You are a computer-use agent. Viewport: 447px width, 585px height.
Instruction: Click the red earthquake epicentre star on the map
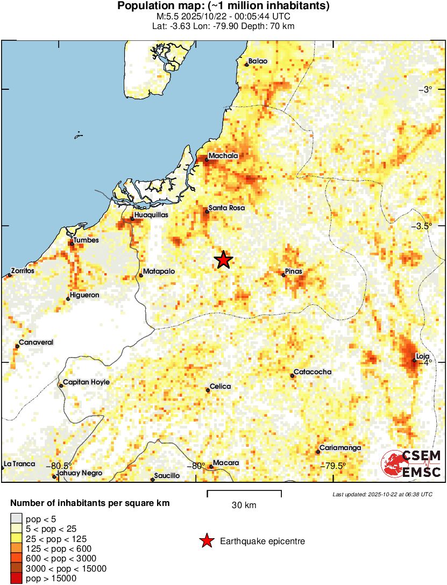point(223,260)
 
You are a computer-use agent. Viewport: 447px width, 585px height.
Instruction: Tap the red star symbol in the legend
point(207,541)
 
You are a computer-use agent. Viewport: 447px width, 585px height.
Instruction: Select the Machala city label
point(223,156)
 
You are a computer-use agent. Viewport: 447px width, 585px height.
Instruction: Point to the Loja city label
point(424,356)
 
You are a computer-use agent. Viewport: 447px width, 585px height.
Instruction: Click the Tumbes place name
point(87,240)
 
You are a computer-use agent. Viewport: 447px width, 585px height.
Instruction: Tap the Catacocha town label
point(313,372)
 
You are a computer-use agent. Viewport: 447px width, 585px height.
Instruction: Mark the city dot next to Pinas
point(283,275)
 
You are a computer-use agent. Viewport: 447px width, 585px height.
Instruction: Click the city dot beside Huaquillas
point(132,219)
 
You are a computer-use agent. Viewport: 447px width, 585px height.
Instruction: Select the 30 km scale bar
point(244,492)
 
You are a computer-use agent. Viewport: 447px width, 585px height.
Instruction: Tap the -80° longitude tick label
point(193,466)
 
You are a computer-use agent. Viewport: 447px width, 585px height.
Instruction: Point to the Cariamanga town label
point(340,448)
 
